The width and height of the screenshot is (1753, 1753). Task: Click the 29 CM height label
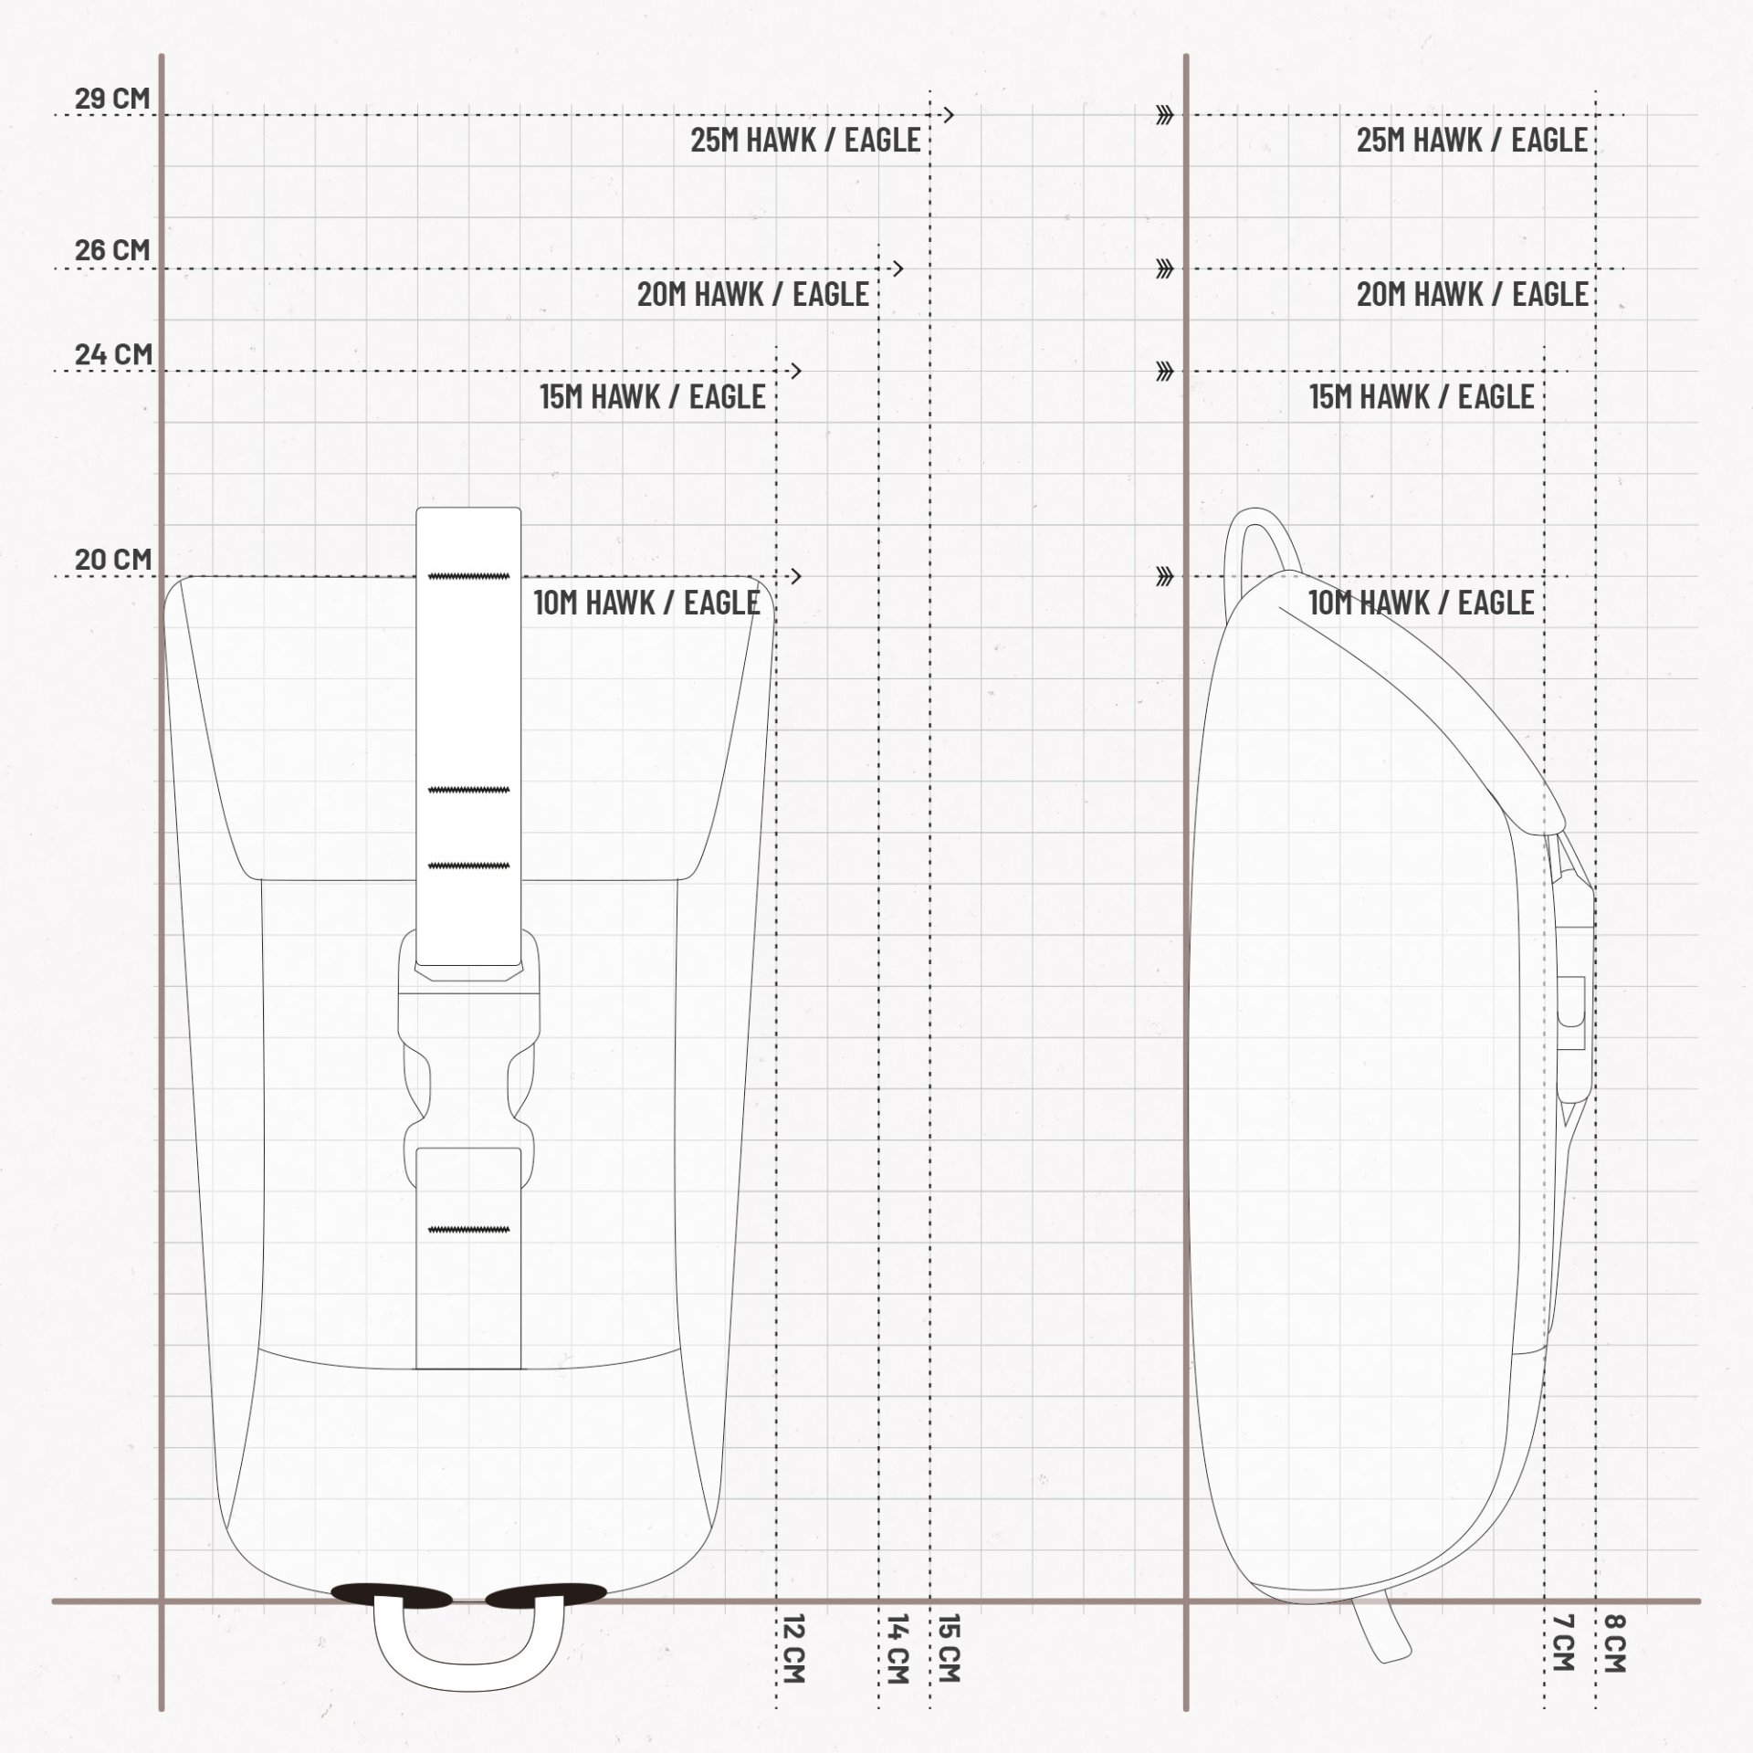[112, 99]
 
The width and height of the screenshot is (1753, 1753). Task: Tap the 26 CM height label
[112, 250]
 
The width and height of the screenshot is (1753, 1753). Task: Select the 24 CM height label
[113, 354]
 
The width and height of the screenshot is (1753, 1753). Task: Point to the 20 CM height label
[113, 560]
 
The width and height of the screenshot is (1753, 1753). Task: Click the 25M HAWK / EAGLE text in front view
[805, 141]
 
